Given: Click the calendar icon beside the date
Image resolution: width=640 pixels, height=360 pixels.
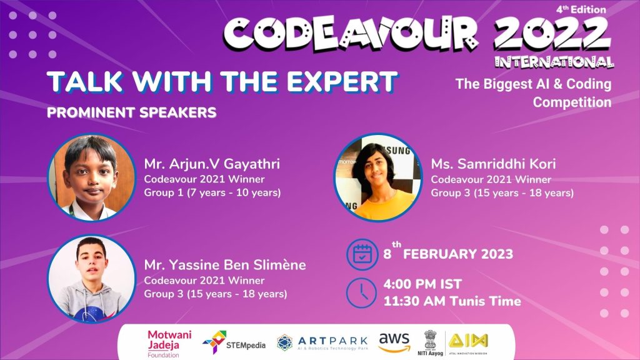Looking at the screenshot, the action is coord(362,254).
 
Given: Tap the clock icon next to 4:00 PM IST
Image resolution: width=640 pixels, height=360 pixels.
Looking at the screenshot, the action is coord(362,292).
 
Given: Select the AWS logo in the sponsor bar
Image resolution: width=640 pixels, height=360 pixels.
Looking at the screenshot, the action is coord(394,342).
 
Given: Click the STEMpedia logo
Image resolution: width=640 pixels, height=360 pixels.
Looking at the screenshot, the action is coord(234,342).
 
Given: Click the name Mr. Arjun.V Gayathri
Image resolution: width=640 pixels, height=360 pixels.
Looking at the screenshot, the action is coord(212,164).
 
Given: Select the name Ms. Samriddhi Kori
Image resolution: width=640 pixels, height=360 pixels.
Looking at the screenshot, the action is coord(494,164).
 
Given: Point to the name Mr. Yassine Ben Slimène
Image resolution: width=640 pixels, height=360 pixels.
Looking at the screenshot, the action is coord(225,265).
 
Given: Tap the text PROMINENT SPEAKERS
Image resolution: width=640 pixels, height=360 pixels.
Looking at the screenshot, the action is coord(131,112).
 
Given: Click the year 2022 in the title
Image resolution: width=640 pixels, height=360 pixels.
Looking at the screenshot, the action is coord(552,34).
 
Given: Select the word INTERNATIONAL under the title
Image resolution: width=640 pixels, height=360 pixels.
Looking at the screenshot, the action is coord(554,62).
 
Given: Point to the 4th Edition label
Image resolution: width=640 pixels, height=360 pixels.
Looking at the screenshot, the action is coord(581,9).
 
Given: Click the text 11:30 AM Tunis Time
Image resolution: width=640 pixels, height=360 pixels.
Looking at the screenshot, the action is coord(452,301).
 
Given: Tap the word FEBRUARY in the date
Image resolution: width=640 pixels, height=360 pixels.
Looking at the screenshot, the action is coord(441,254).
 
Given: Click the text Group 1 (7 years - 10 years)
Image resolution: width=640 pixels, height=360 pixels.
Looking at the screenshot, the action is coord(212,192).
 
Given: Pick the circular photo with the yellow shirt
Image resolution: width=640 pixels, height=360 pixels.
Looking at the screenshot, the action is coord(378,177).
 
